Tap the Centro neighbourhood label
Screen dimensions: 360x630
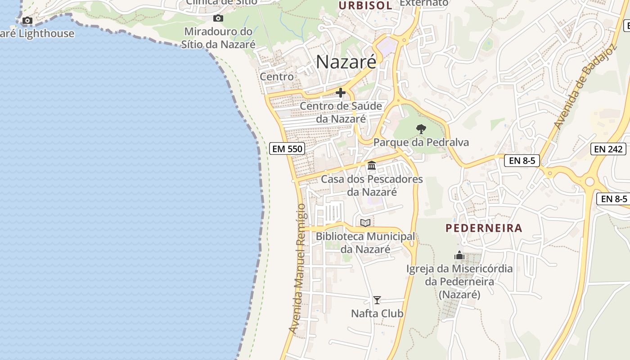coord(277,76)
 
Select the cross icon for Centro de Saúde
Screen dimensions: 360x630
coord(341,93)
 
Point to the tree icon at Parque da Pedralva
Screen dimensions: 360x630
coord(421,129)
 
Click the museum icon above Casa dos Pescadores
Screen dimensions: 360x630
coord(372,166)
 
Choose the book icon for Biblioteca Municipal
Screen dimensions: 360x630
coord(365,223)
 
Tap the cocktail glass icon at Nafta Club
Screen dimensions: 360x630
coord(377,300)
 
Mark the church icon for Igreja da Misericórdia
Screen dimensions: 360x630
coord(459,255)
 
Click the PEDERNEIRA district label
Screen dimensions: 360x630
coord(484,228)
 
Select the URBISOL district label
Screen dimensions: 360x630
coord(365,5)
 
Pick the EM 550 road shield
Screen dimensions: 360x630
coord(287,148)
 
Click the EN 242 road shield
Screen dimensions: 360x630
coord(608,149)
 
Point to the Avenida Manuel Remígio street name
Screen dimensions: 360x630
coord(300,269)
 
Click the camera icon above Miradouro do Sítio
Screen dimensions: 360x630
coord(218,18)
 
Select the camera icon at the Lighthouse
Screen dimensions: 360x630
coord(27,20)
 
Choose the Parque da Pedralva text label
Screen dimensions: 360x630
coord(421,143)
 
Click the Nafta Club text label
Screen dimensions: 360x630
coord(377,313)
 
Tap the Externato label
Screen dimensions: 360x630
coord(424,3)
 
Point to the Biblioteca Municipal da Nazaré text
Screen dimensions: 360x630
coord(365,243)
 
